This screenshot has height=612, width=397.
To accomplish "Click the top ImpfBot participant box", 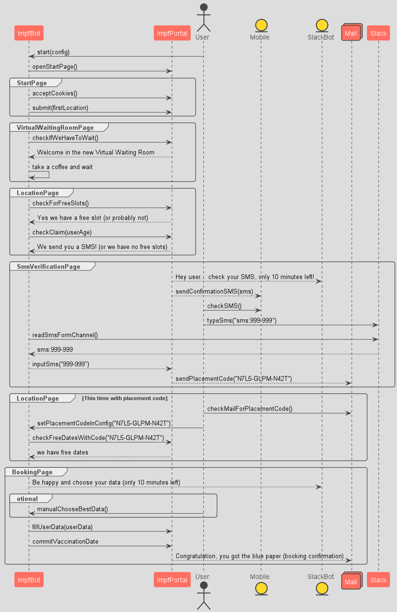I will coord(29,33).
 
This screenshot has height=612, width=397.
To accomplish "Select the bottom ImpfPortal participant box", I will coord(172,580).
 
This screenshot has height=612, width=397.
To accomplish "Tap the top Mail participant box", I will coord(351,33).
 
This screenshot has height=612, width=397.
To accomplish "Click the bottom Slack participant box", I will coord(378,580).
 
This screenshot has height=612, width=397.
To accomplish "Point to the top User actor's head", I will coord(204,7).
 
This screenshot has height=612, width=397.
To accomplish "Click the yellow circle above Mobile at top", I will coord(261,25).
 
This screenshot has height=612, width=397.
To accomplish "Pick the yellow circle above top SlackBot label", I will coord(322,25).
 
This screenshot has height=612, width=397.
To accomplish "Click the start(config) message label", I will coord(53,52).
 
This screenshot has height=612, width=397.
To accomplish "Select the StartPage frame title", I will coord(32,83).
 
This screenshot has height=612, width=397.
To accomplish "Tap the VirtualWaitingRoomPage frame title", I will coord(55,128).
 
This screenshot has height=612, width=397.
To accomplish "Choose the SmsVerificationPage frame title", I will coord(49,267).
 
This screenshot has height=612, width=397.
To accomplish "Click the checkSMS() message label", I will coord(224,306).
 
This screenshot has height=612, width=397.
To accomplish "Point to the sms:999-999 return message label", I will coord(55,349).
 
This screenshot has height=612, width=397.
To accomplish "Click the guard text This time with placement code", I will coord(125,398).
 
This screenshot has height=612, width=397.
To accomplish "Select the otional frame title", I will coord(27,499).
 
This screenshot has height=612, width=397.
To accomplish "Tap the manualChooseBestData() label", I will coord(73,509).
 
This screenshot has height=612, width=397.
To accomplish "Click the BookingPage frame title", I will coord(32,472).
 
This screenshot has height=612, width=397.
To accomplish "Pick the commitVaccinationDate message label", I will coord(65,541).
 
